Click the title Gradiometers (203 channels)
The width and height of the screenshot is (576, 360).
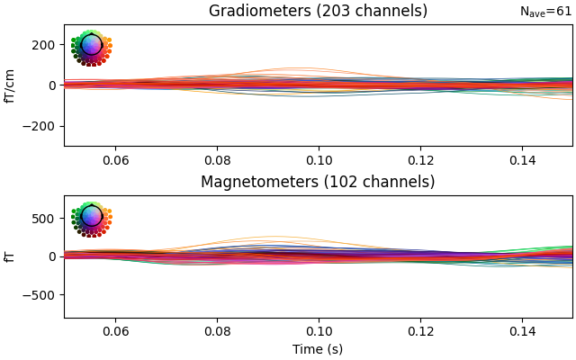(318, 12)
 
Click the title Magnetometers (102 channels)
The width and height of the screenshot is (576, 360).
(318, 183)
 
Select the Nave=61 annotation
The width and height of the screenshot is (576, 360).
(545, 12)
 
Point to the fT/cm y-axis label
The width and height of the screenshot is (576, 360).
(11, 85)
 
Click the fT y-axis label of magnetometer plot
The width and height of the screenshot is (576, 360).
(11, 256)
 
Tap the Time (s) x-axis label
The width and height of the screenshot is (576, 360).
(318, 349)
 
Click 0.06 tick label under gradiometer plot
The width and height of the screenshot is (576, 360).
(115, 159)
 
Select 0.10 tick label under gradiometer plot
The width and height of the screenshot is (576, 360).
(319, 159)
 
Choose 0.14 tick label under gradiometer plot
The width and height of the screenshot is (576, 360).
(522, 159)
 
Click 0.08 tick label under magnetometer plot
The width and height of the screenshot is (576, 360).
(217, 330)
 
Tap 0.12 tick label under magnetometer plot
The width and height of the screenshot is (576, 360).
(420, 330)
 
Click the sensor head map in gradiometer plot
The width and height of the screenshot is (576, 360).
(91, 48)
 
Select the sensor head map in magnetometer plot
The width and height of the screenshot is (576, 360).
(91, 219)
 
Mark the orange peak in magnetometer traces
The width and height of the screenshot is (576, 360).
(270, 237)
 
